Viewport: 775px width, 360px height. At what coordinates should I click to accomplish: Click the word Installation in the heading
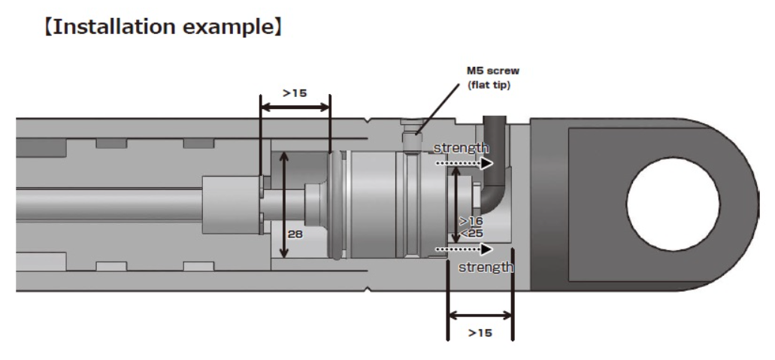[x=113, y=29]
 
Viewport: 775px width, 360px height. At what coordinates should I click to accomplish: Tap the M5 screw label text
[x=492, y=71]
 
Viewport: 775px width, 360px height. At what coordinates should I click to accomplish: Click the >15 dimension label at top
[x=295, y=94]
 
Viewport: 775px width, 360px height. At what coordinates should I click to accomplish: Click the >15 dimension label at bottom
[x=480, y=332]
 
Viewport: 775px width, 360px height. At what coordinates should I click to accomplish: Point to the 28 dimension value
[x=295, y=234]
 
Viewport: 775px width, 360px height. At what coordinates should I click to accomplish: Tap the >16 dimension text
[x=471, y=222]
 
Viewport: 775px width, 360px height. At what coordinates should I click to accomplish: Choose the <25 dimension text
[x=471, y=233]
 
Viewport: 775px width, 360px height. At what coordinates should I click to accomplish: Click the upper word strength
[x=461, y=148]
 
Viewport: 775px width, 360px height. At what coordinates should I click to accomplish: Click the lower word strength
[x=486, y=266]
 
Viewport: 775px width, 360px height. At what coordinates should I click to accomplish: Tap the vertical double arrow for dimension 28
[x=283, y=204]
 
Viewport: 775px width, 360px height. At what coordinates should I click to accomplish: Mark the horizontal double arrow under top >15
[x=295, y=107]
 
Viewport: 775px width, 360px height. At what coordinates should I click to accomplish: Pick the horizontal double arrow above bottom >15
[x=480, y=316]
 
